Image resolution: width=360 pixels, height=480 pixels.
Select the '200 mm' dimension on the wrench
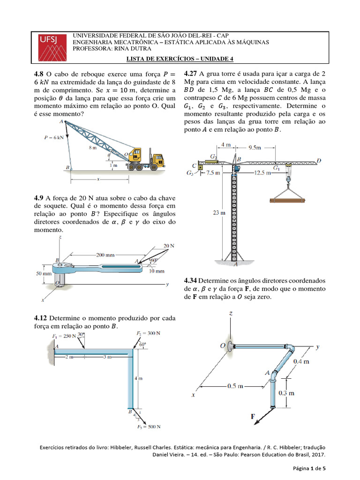coord(105,255)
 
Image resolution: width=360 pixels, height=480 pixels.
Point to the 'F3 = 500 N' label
coord(149,427)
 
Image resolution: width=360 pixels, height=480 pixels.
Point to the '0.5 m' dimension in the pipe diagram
coord(235,386)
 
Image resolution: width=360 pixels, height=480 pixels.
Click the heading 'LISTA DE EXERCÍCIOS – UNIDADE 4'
coord(180,59)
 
